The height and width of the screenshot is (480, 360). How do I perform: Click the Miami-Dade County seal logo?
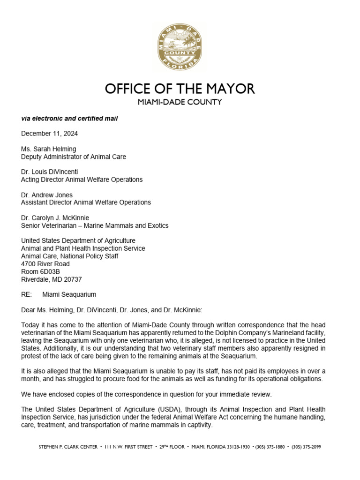click(x=180, y=47)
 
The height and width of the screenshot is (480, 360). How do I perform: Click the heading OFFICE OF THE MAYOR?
click(x=180, y=89)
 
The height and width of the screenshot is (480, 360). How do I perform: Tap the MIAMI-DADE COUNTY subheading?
click(x=180, y=102)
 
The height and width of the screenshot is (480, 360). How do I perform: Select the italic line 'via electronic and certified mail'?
click(x=69, y=119)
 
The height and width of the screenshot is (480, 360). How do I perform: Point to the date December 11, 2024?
click(x=50, y=134)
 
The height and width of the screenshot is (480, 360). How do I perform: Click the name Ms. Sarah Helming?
click(x=49, y=149)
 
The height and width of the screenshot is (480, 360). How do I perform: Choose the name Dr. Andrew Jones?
click(x=47, y=195)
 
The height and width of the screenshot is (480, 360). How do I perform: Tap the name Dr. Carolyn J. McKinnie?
click(x=55, y=218)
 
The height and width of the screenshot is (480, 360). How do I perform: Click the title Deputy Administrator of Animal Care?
click(x=74, y=157)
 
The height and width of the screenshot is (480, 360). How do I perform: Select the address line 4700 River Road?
click(x=45, y=264)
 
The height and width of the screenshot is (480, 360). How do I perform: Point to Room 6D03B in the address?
click(x=40, y=271)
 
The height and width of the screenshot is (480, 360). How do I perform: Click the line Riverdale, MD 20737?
click(x=52, y=279)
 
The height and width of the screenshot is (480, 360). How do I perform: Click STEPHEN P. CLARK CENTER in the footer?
click(x=68, y=447)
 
